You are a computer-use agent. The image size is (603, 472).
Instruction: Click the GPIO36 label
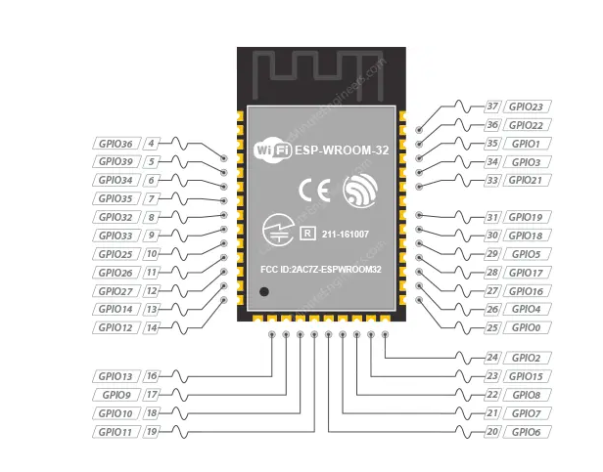(117, 144)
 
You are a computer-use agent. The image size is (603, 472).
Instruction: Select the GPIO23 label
(528, 107)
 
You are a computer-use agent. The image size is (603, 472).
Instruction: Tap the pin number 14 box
(152, 328)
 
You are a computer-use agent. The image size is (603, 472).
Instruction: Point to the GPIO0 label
(525, 327)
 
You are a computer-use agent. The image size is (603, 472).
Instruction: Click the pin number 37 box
(492, 107)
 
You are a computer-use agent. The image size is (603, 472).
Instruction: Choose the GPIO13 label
(117, 376)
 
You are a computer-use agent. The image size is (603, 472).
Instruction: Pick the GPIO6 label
(525, 431)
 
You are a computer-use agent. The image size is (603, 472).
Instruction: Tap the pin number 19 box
(152, 431)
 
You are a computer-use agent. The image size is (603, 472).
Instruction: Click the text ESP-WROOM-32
(338, 150)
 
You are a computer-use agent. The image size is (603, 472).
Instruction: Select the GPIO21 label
(528, 180)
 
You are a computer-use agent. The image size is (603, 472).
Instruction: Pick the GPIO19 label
(528, 217)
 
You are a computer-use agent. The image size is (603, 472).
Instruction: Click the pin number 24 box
(492, 359)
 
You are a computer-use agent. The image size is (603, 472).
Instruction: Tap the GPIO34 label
(117, 181)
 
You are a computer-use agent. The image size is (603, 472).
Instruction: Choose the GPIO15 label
(528, 376)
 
